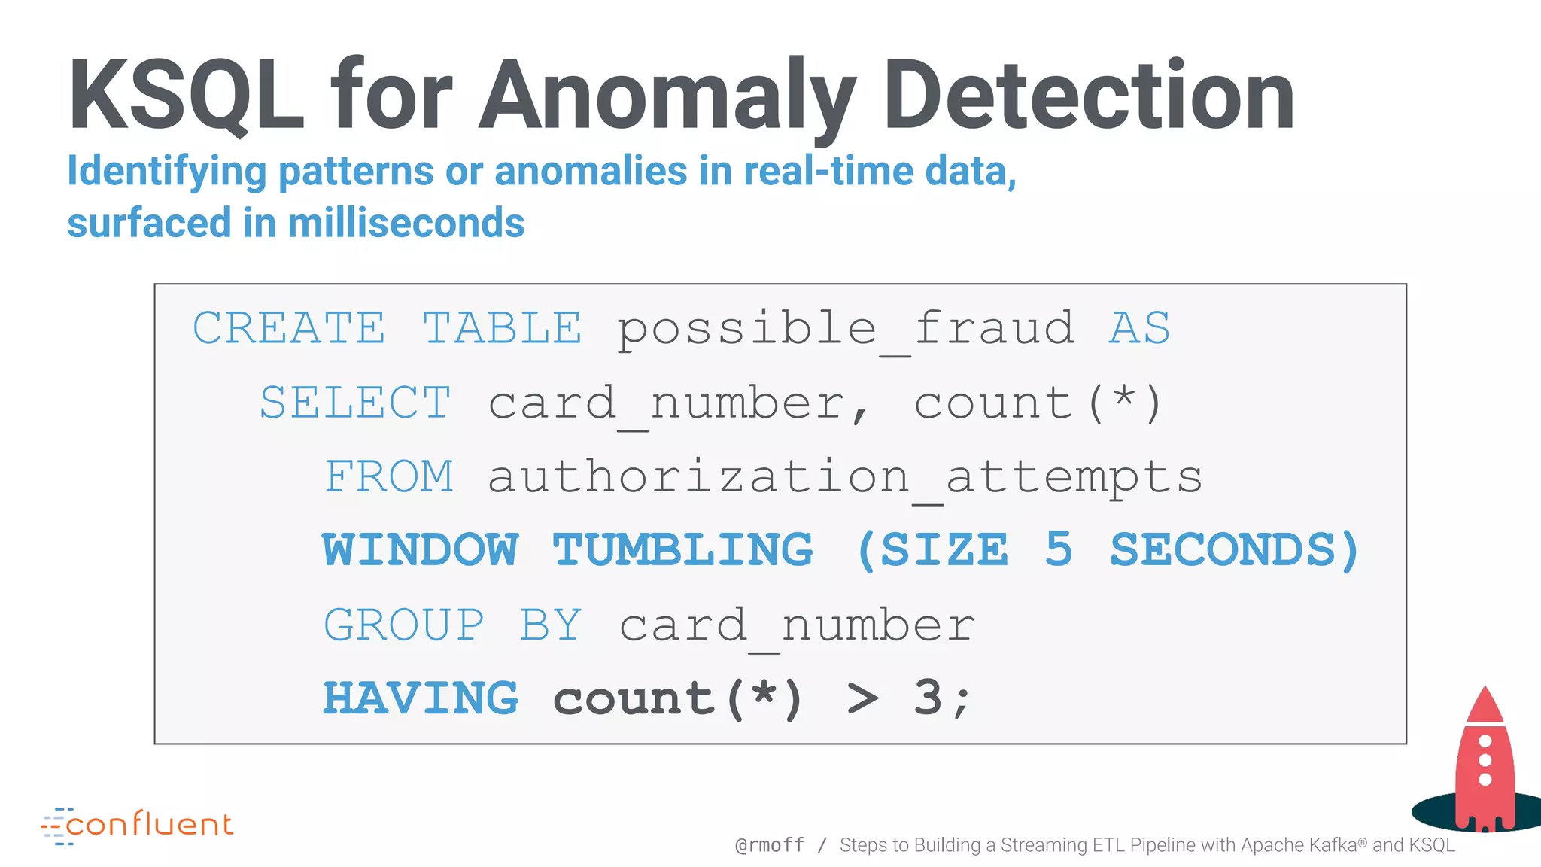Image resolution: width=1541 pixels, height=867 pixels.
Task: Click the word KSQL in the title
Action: [x=187, y=96]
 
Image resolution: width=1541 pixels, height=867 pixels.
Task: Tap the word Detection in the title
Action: [x=1089, y=96]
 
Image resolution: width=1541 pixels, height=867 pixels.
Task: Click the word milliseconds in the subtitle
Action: [x=406, y=224]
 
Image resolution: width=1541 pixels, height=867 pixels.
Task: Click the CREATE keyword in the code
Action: [x=289, y=328]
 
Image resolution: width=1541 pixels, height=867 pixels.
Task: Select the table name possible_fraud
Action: [x=846, y=330]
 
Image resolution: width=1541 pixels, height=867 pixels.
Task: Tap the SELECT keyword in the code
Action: [x=355, y=403]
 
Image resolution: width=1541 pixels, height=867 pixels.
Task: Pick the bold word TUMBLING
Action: [x=683, y=550]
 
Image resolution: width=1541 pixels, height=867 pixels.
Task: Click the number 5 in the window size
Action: [x=1059, y=549]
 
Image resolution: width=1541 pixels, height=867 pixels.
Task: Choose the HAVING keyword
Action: [x=421, y=698]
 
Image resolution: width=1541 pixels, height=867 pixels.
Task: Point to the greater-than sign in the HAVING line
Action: [x=862, y=699]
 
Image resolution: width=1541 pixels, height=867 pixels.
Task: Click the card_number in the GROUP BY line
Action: [x=797, y=626]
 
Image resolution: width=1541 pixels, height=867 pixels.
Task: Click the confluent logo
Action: [x=138, y=826]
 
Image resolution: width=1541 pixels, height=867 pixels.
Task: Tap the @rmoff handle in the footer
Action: [x=770, y=845]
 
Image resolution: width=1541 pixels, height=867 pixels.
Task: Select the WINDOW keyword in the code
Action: [x=421, y=550]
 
